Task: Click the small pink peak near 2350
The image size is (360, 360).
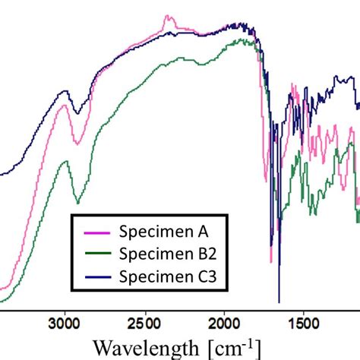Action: tap(167, 17)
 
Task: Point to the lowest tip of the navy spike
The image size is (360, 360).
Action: tap(279, 302)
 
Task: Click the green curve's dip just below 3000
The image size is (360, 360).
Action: tap(77, 203)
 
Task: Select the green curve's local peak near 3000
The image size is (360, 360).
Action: tap(65, 162)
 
